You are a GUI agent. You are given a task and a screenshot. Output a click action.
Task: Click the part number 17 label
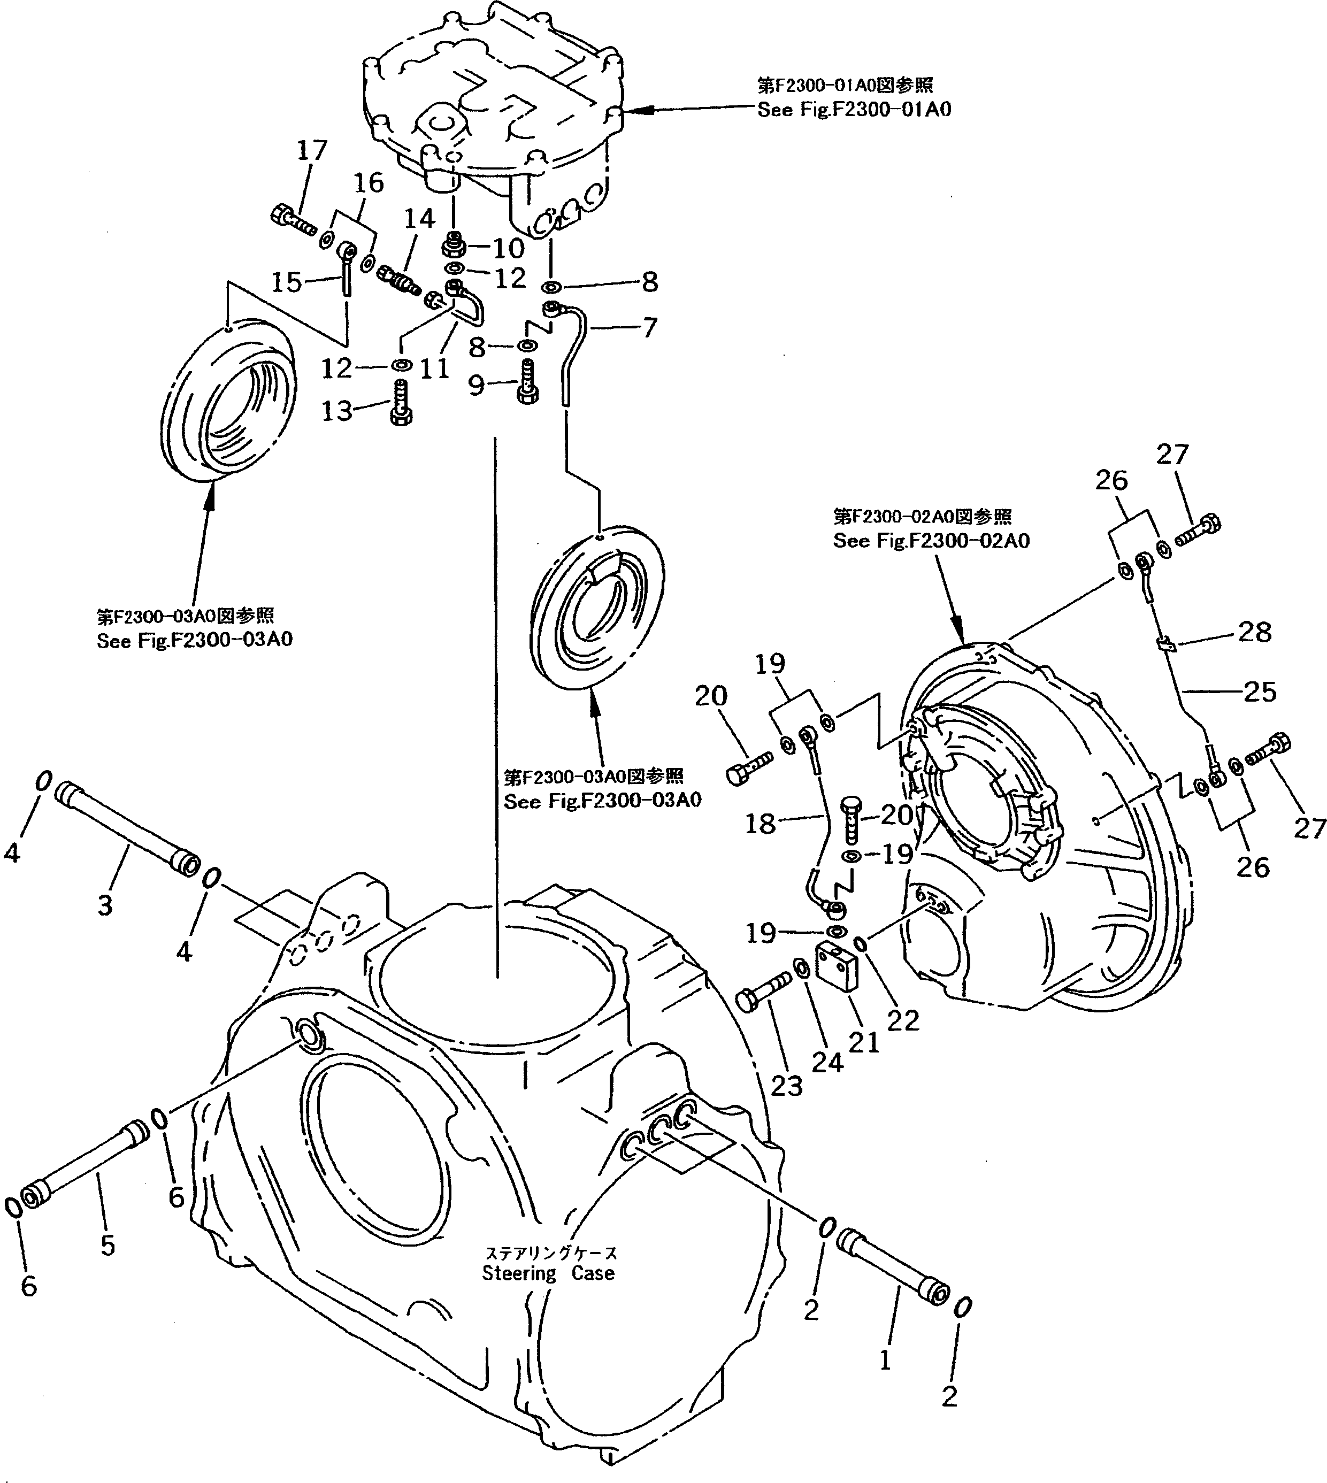(312, 151)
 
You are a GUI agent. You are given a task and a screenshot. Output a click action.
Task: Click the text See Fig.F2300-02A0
(931, 541)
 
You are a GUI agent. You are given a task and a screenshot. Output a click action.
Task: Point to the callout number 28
(1255, 632)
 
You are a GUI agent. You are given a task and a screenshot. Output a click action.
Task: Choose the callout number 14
(419, 218)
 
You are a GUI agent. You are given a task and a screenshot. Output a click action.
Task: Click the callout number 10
(508, 248)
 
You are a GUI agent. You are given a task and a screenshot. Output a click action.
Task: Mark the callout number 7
(649, 327)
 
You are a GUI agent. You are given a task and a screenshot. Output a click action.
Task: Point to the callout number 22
(903, 1021)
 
